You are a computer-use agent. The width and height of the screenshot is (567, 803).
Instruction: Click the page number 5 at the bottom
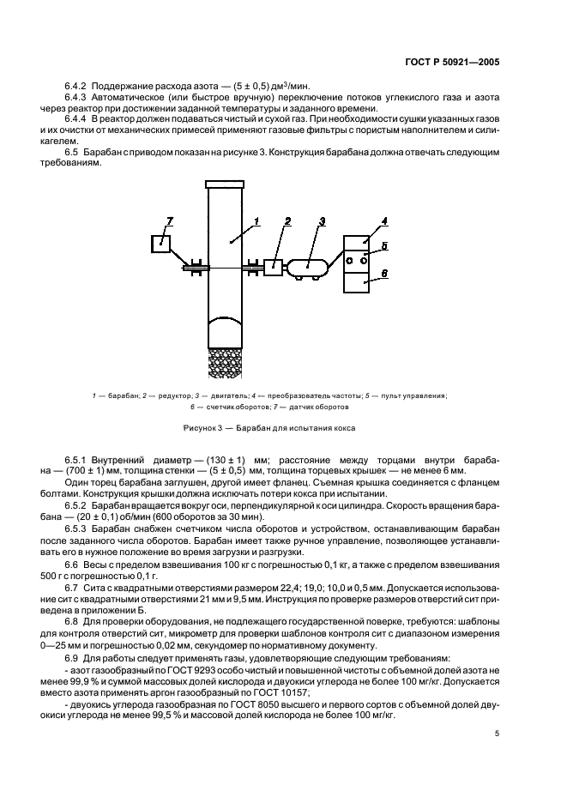click(x=498, y=734)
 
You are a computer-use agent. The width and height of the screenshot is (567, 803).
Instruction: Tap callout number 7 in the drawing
click(x=169, y=222)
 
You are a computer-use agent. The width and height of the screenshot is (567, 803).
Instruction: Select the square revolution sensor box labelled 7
click(x=160, y=243)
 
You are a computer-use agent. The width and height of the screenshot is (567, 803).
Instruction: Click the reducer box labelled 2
click(x=274, y=267)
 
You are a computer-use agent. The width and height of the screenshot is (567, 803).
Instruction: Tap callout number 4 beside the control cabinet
click(x=384, y=221)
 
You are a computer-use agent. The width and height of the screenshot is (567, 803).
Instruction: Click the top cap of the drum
click(x=226, y=184)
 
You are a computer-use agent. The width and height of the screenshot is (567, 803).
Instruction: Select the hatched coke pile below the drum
click(x=226, y=360)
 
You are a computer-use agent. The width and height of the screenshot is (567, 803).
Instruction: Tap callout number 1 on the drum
click(x=255, y=222)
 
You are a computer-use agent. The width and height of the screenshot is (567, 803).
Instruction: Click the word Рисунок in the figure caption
click(x=198, y=427)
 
